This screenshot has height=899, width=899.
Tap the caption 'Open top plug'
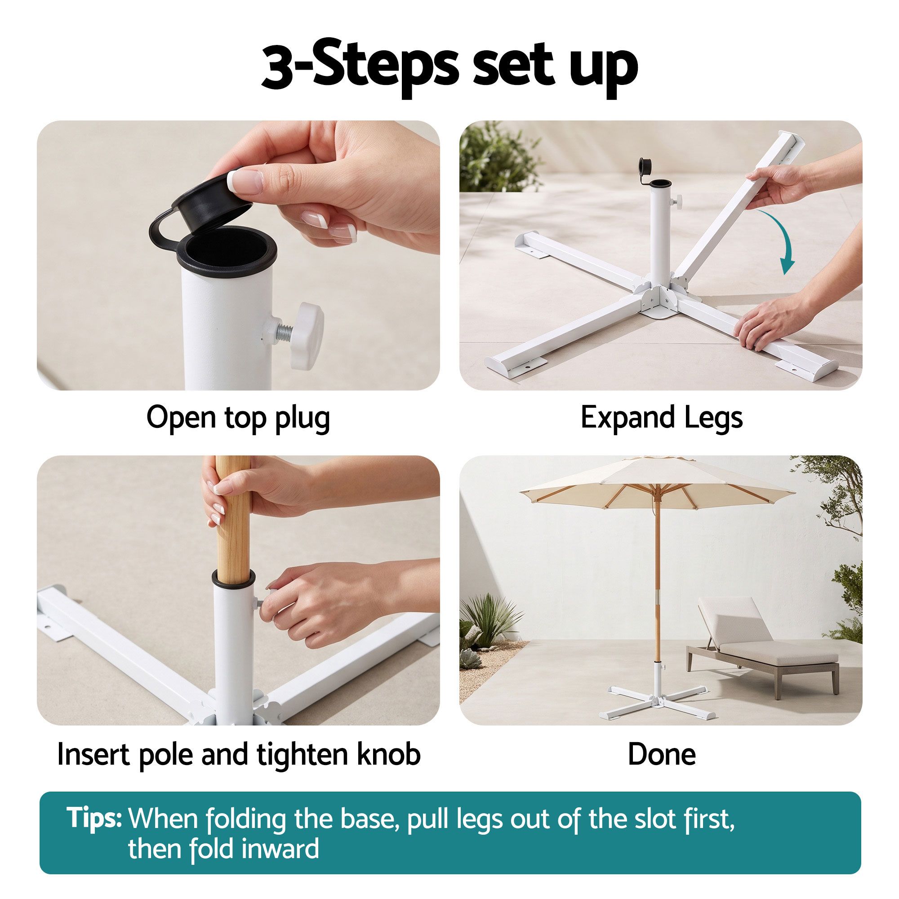(238, 418)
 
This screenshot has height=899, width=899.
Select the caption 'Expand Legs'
(661, 418)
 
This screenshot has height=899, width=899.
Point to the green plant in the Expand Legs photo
(496, 157)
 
